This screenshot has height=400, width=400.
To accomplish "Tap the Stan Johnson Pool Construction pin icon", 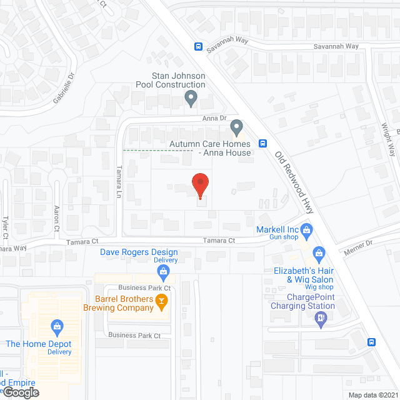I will click(191, 98).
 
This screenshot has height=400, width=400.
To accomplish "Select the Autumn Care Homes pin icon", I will click(236, 128).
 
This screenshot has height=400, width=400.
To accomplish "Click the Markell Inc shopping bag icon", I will click(307, 230).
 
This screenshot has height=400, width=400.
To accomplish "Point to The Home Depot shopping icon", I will click(57, 326).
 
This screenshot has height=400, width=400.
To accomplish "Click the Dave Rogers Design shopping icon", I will click(164, 271).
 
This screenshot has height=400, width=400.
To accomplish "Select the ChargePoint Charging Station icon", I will click(321, 319).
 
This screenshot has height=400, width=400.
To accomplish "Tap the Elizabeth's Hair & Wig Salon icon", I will click(319, 253).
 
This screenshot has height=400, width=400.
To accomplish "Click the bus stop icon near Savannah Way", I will click(198, 46).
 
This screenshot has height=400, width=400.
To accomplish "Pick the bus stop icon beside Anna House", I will click(263, 142).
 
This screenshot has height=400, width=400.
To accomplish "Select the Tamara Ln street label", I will click(118, 182).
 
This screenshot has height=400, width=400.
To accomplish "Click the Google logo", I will click(21, 392).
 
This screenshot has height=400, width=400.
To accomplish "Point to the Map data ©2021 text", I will click(372, 394).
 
